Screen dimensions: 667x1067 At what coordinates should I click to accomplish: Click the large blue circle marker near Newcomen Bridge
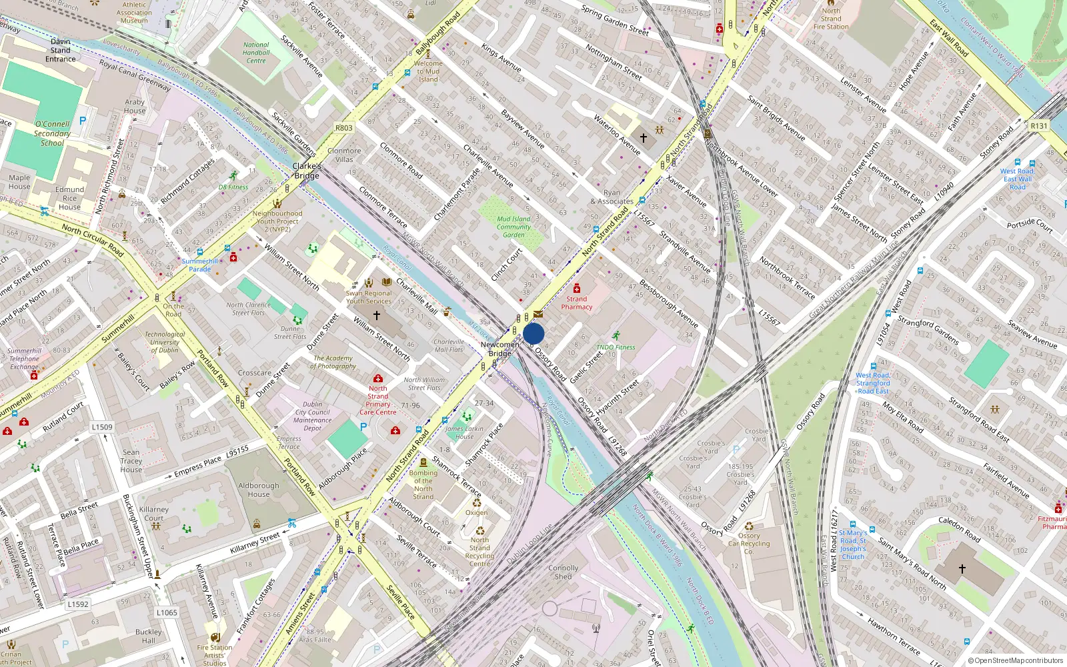click(533, 333)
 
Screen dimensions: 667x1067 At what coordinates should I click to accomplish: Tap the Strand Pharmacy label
click(577, 303)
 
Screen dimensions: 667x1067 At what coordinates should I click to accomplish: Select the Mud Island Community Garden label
click(513, 227)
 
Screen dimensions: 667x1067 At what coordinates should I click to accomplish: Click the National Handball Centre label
click(256, 53)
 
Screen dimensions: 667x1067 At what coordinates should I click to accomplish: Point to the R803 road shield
click(344, 128)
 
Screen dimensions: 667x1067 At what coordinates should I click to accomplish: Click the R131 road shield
click(1039, 125)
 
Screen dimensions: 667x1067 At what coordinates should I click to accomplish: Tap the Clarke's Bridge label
click(307, 171)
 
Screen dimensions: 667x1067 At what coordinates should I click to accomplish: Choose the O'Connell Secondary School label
click(52, 133)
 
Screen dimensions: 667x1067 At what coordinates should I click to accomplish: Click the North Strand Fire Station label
click(831, 19)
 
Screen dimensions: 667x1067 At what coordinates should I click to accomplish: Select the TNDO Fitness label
click(616, 347)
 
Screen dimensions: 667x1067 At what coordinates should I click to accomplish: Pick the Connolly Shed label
click(564, 572)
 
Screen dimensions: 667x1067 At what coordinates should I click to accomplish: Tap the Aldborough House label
click(259, 490)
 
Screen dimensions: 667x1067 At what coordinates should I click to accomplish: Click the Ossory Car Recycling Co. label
click(749, 544)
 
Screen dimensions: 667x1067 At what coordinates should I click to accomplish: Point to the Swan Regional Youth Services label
click(369, 297)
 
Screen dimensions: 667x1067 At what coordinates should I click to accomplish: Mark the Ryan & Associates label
click(612, 197)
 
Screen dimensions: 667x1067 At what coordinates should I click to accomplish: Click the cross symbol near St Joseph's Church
click(962, 569)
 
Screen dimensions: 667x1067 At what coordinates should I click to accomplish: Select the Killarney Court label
click(154, 514)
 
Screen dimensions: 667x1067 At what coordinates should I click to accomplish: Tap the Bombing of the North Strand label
click(423, 485)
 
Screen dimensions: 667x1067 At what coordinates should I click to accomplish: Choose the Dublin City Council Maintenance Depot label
click(312, 416)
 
